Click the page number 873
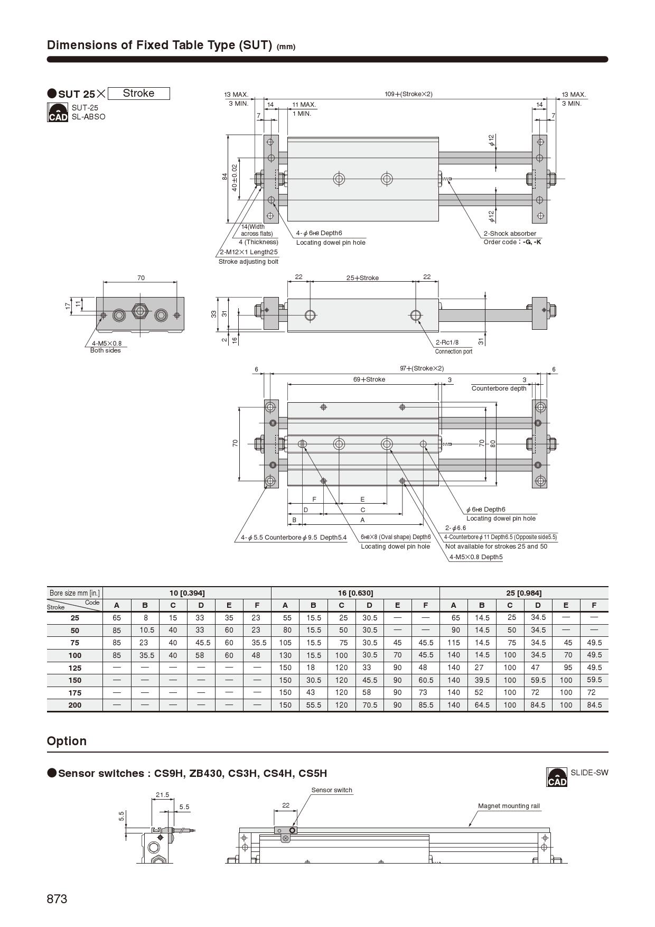pyautogui.click(x=57, y=899)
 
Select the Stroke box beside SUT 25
pyautogui.click(x=138, y=94)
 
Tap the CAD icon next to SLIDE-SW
pyautogui.click(x=557, y=777)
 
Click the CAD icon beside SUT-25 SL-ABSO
pyautogui.click(x=58, y=113)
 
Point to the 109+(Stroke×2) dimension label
pyautogui.click(x=408, y=94)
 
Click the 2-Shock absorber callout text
pyautogui.click(x=510, y=234)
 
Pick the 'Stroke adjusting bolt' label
pyautogui.click(x=248, y=262)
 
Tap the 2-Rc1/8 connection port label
pyautogui.click(x=447, y=342)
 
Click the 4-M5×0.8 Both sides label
pyautogui.click(x=105, y=347)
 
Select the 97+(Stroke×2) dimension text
pyautogui.click(x=422, y=368)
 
